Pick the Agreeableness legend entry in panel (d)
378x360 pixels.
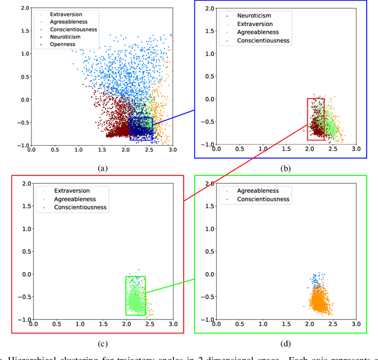(258, 191)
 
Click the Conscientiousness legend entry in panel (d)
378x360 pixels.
(263, 199)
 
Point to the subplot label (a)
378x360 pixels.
(102, 168)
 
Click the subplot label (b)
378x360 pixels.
(285, 168)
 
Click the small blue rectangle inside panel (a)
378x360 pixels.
(141, 128)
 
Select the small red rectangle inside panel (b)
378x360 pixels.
(315, 119)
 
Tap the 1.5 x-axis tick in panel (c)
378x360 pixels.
(103, 325)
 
